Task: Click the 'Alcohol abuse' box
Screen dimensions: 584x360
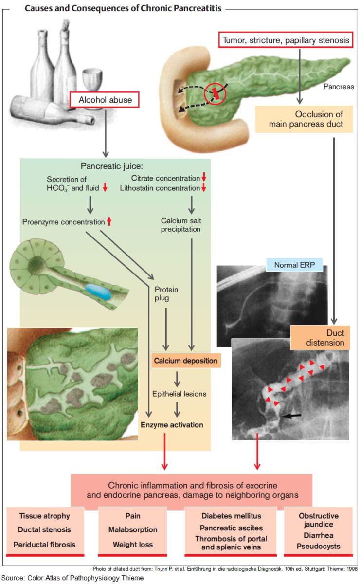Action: [x=105, y=100]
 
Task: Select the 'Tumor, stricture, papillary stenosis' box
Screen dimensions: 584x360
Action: [x=286, y=40]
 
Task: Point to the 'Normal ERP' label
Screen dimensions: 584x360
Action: [x=291, y=265]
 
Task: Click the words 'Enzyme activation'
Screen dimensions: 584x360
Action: [x=172, y=425]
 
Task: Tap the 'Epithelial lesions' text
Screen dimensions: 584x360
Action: [x=179, y=394]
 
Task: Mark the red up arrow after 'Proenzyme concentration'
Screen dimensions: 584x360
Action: [x=109, y=221]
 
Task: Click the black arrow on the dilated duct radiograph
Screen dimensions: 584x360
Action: [x=292, y=415]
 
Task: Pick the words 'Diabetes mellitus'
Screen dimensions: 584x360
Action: [x=231, y=516]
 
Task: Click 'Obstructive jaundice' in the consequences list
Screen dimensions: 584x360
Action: [x=319, y=520]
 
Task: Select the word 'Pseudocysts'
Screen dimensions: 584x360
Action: [x=319, y=546]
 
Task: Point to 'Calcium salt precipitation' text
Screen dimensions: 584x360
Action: [x=180, y=225]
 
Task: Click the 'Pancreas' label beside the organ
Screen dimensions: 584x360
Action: [x=338, y=86]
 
